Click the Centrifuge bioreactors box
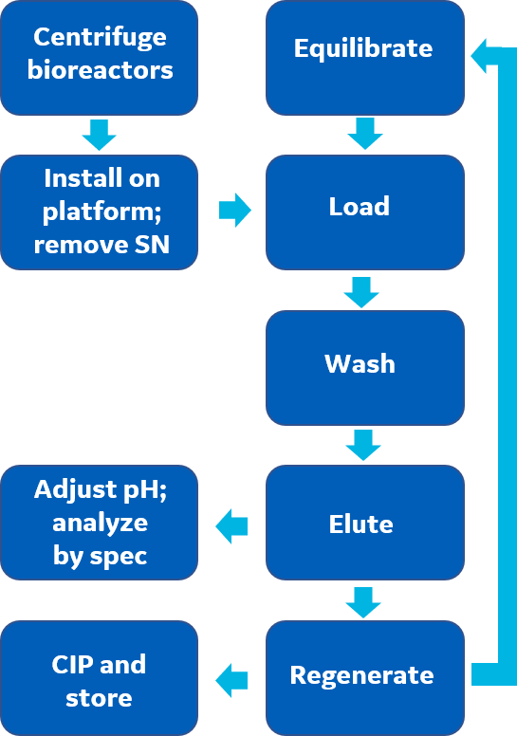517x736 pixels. pyautogui.click(x=100, y=58)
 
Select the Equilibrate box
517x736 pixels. pyautogui.click(x=365, y=58)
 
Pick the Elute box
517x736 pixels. pyautogui.click(x=365, y=523)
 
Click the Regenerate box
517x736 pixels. pyautogui.click(x=365, y=677)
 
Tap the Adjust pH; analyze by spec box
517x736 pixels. pyautogui.click(x=100, y=523)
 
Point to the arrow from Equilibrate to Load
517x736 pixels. pyautogui.click(x=364, y=135)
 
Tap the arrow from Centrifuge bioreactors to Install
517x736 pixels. pyautogui.click(x=99, y=135)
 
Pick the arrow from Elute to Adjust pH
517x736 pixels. pyautogui.click(x=231, y=524)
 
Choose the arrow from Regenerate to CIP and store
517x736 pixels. pyautogui.click(x=231, y=679)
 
